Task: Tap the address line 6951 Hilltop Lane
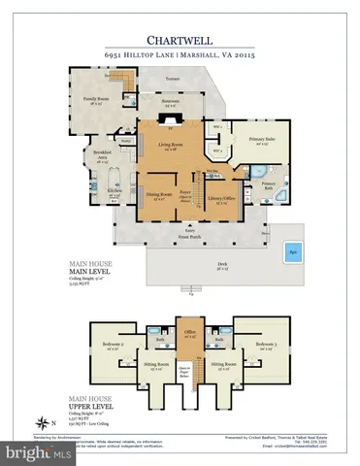[x=180, y=57]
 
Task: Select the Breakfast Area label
[x=100, y=154]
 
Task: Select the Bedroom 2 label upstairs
[x=112, y=345]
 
